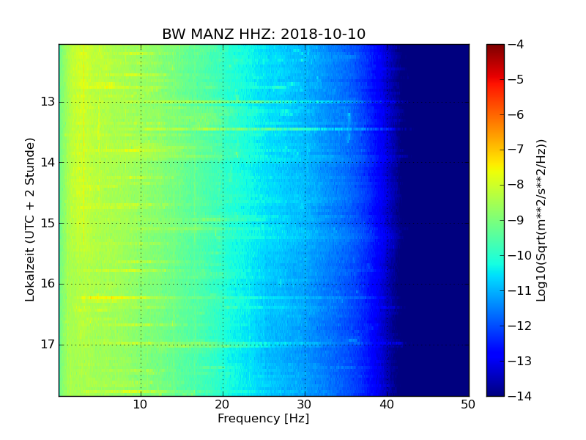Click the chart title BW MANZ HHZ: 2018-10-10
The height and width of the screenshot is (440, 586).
(x=264, y=34)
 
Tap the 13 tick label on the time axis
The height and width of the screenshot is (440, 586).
(x=48, y=102)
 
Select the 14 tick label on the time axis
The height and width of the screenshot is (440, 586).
(x=48, y=163)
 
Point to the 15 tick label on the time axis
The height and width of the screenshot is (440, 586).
(x=48, y=224)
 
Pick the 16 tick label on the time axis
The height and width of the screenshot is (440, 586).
(x=48, y=284)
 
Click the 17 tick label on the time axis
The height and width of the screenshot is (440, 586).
(x=48, y=345)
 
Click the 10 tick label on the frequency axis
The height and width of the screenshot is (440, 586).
(x=141, y=405)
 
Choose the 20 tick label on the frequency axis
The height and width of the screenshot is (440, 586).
(x=223, y=405)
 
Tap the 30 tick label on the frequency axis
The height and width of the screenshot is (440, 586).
(x=305, y=405)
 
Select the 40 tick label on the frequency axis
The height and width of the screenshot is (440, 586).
(x=387, y=405)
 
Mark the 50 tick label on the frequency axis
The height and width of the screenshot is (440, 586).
(x=468, y=405)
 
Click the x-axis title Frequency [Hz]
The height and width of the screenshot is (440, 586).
(x=264, y=419)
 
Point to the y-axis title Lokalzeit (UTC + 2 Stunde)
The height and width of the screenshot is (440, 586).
(x=30, y=220)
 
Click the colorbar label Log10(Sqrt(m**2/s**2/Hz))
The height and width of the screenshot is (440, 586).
(x=541, y=220)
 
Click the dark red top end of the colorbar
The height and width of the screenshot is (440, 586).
(x=495, y=47)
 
